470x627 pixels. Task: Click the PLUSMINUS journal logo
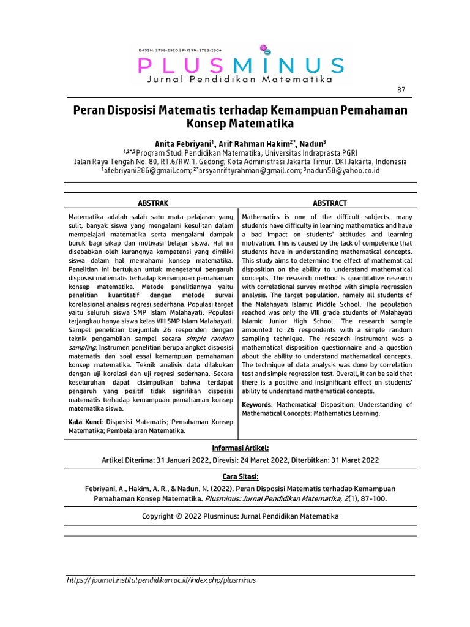241,65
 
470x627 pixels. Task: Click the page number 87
401,90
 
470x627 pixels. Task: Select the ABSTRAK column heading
154,203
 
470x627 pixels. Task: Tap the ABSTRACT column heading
330,203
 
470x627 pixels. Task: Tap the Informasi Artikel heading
239,448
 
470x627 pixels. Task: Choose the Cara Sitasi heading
240,476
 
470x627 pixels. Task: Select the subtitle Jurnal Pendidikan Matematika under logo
240,80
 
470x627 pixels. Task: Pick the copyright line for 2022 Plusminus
240,516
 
